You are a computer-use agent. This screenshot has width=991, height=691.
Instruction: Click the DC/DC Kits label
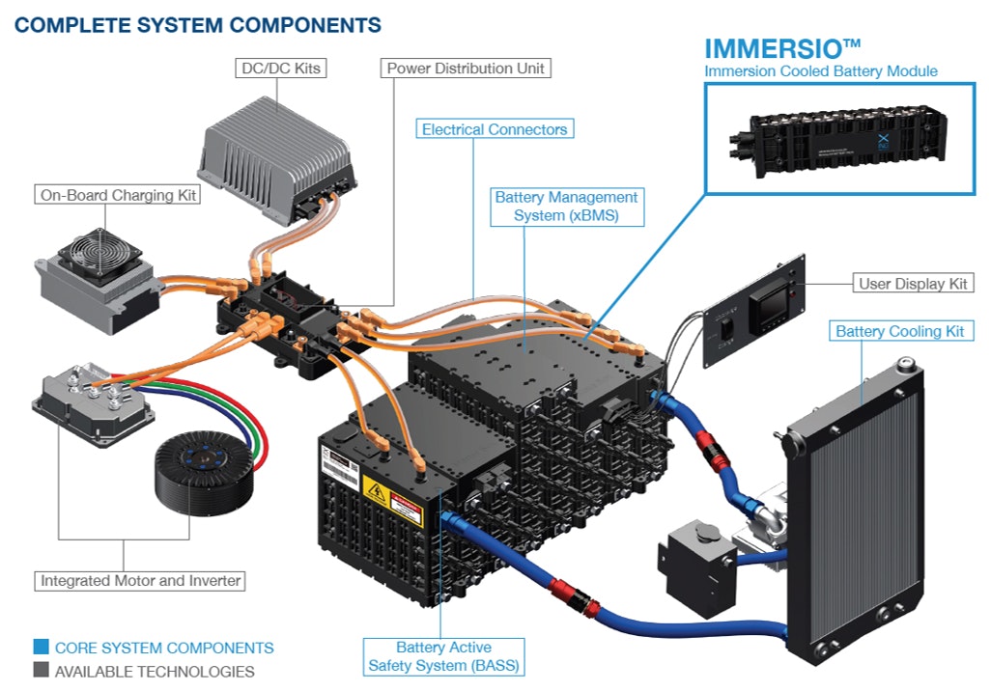(x=279, y=69)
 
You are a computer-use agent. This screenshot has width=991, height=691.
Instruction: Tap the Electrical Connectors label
(x=495, y=128)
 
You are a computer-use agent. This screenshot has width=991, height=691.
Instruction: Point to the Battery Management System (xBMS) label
(x=566, y=207)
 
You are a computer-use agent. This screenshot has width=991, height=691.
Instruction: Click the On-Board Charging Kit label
(x=118, y=195)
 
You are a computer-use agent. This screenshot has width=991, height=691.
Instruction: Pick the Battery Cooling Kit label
(x=900, y=331)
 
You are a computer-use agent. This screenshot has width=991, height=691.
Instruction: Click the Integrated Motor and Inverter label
(x=140, y=581)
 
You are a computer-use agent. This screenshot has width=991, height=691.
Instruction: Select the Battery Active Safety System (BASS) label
(x=443, y=656)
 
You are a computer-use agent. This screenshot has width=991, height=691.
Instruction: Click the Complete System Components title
(x=198, y=25)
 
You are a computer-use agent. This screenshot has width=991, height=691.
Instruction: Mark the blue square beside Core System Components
(x=41, y=648)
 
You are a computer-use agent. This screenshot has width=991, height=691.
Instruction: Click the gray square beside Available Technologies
(x=41, y=671)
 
